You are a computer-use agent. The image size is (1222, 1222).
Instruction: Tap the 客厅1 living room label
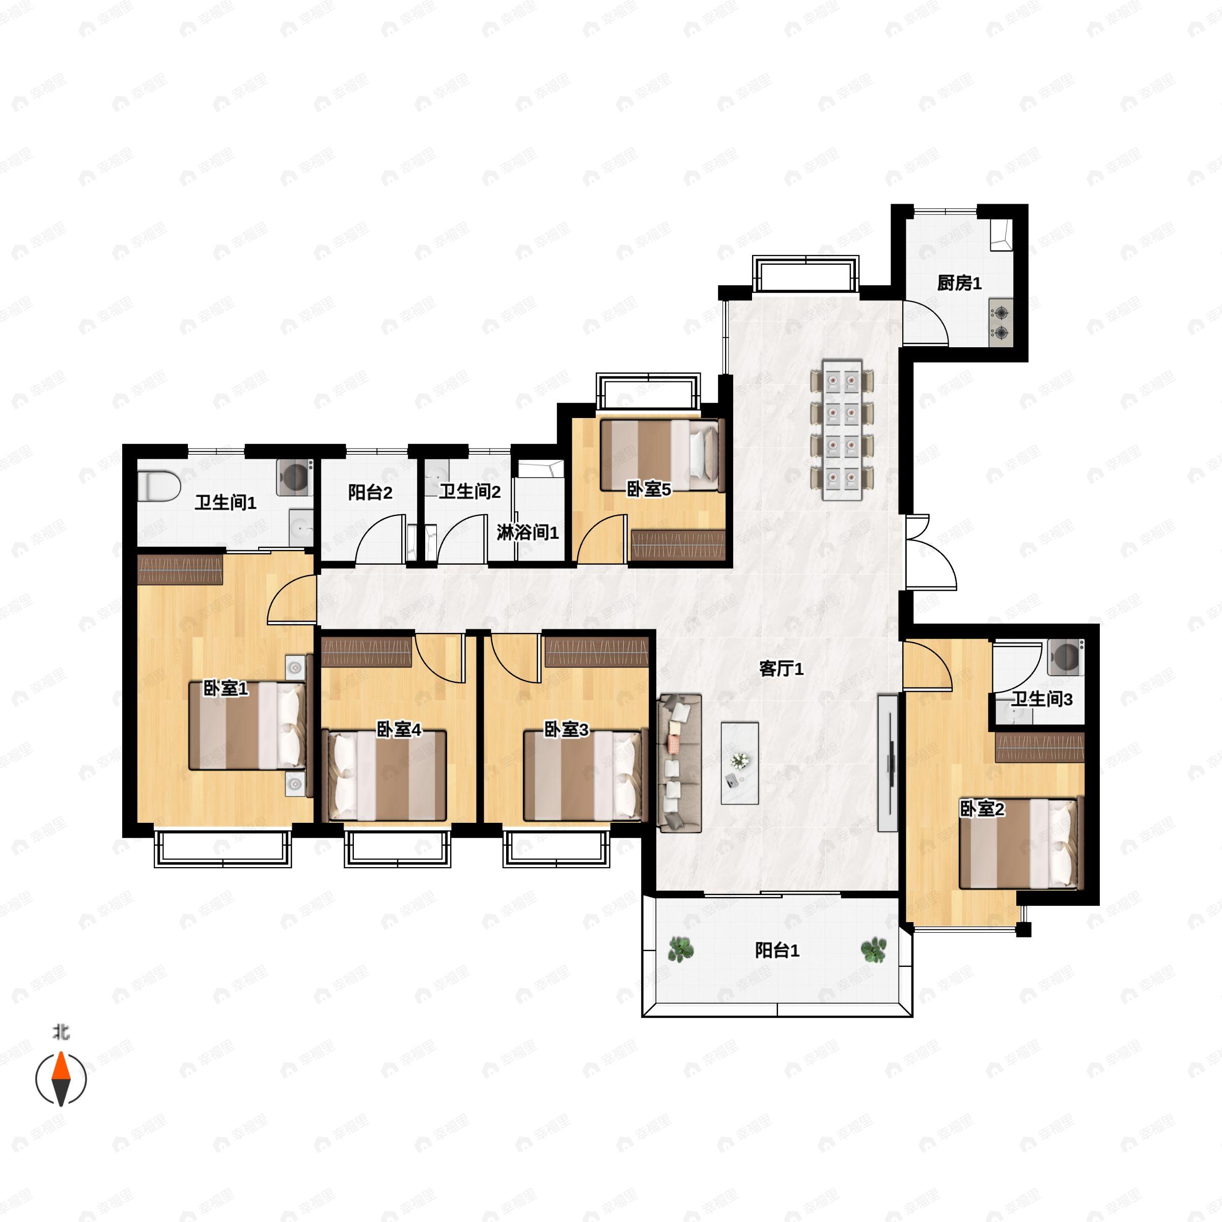point(781,669)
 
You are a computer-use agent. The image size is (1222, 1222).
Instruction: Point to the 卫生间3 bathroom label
point(1041,699)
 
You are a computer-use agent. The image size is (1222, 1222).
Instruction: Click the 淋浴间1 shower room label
point(527,533)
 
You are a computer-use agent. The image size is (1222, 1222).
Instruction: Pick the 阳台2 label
point(370,492)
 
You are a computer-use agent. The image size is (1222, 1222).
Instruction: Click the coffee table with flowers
point(739,763)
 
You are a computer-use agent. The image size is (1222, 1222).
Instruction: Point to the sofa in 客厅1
point(679,762)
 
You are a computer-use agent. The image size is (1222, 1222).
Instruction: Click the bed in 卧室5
point(661,455)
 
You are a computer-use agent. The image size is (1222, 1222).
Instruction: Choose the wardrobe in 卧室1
point(180,570)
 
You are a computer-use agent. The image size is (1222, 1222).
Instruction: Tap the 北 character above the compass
point(61,1032)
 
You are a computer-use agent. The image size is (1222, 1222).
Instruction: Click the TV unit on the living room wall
point(887,763)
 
